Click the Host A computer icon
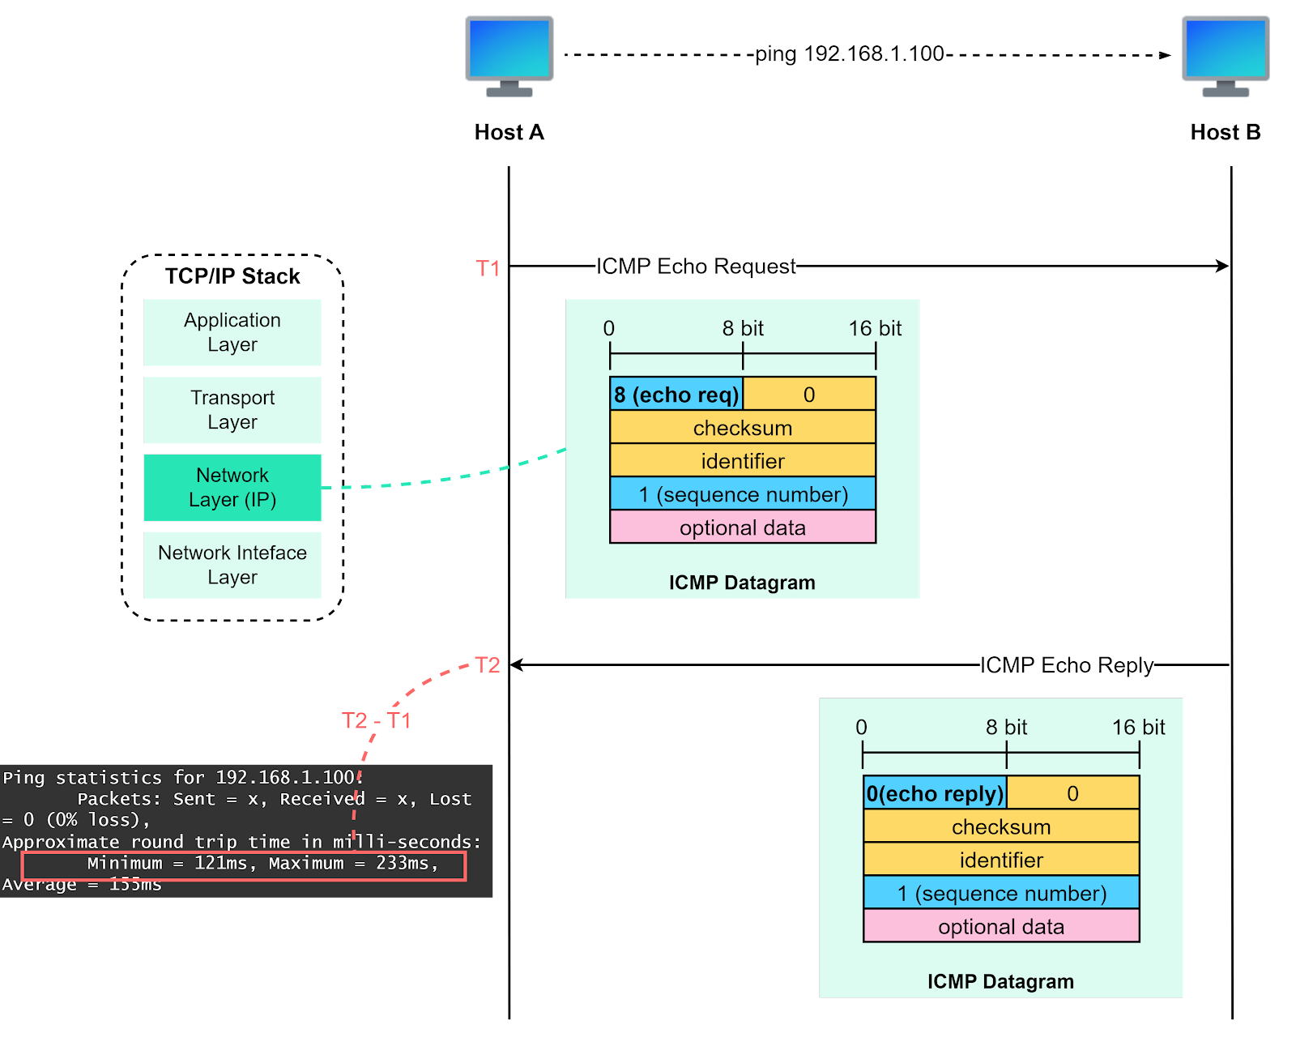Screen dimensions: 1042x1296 coord(509,55)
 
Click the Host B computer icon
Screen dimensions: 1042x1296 coord(1226,55)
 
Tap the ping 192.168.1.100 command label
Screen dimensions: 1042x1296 coord(850,53)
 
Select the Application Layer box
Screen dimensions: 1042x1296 coord(232,332)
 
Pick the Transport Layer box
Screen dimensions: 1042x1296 coord(232,410)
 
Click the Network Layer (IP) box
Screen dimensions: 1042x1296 coord(232,487)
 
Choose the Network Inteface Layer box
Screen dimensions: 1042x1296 coord(232,565)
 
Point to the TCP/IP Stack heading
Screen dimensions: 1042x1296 coord(232,276)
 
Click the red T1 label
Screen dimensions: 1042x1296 coord(488,268)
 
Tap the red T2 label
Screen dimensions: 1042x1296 coord(488,665)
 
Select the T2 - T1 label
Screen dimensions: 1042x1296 coord(377,720)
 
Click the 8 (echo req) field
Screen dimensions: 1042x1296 coord(676,395)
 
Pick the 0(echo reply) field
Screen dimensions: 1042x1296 coord(935,793)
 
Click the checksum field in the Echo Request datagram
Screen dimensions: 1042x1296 coord(743,428)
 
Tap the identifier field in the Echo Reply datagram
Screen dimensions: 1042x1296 coord(1001,860)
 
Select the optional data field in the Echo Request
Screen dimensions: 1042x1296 coord(743,527)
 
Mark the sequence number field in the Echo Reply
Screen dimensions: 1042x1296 coord(1001,893)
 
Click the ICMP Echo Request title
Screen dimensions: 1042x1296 coord(696,266)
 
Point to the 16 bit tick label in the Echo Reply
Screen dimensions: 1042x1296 coord(1138,727)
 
